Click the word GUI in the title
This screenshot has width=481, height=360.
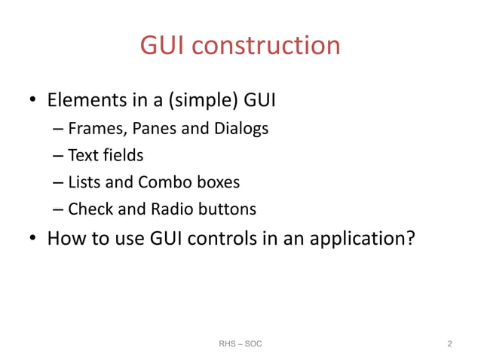coord(162,46)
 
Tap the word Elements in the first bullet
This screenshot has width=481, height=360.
coord(84,100)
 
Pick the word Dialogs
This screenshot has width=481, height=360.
coord(239,129)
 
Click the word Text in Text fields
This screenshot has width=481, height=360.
coord(80,156)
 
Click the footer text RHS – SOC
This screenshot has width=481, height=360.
coord(240,344)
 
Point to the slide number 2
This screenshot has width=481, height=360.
coord(449,344)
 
